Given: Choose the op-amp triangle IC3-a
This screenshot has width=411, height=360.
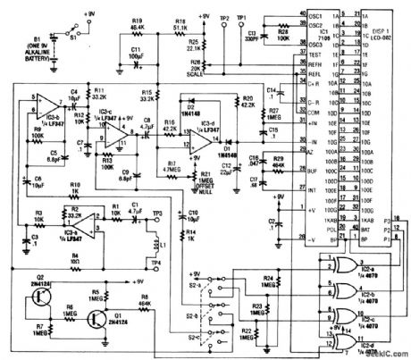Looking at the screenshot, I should pyautogui.click(x=77, y=218).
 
